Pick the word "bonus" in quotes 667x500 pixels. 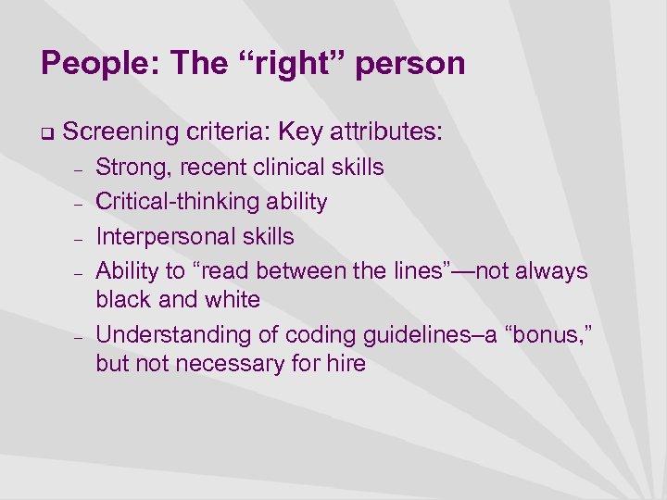535,333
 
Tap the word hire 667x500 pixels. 345,363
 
